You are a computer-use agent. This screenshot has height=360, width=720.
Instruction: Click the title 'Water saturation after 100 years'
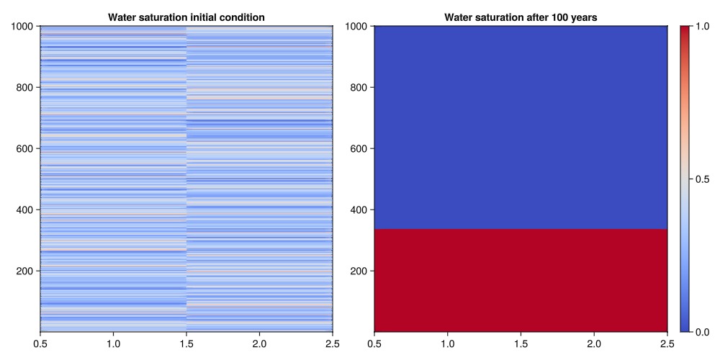521,17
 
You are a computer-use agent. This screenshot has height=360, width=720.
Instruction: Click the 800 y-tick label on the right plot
359,88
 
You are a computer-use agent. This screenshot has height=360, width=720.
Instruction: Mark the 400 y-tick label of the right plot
359,210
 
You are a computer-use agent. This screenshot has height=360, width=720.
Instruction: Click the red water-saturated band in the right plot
521,280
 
